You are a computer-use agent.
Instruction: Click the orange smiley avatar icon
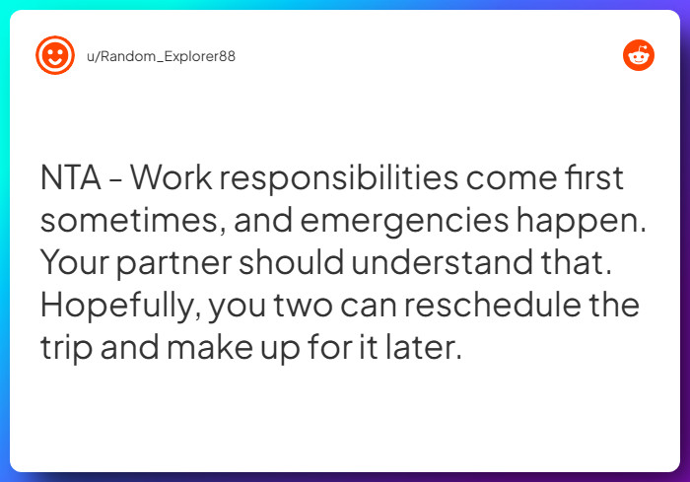pos(55,55)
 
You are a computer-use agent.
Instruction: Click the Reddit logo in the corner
pos(639,55)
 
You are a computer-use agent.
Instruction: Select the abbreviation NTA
pos(73,178)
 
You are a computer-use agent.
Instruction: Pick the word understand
pos(438,263)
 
